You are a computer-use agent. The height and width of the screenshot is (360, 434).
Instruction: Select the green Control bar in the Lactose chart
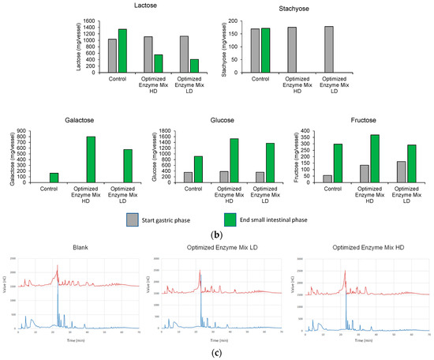122,51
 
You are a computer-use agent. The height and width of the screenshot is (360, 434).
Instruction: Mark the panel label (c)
217,352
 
